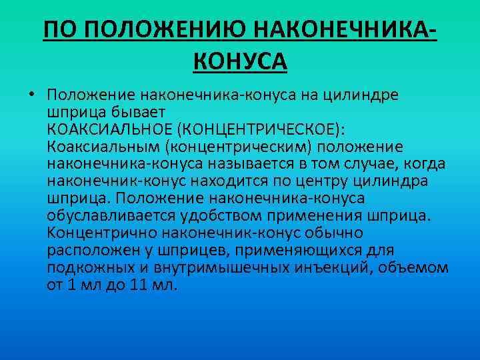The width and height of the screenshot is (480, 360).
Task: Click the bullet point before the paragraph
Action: coord(31,94)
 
